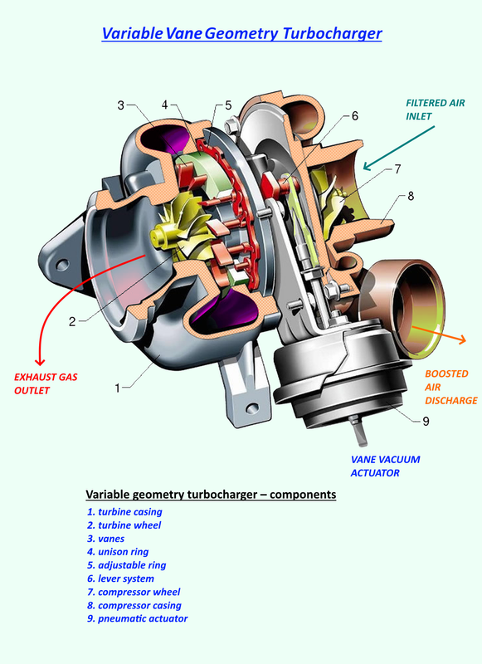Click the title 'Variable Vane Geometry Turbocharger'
point(241,34)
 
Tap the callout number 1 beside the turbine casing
point(118,387)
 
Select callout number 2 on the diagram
point(72,321)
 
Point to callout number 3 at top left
point(120,105)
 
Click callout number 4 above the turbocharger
point(164,105)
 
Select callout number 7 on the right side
point(397,169)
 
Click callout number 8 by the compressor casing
point(409,198)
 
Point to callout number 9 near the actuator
point(425,421)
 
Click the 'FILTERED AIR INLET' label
point(430,110)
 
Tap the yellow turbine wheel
point(168,227)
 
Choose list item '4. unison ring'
point(120,551)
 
